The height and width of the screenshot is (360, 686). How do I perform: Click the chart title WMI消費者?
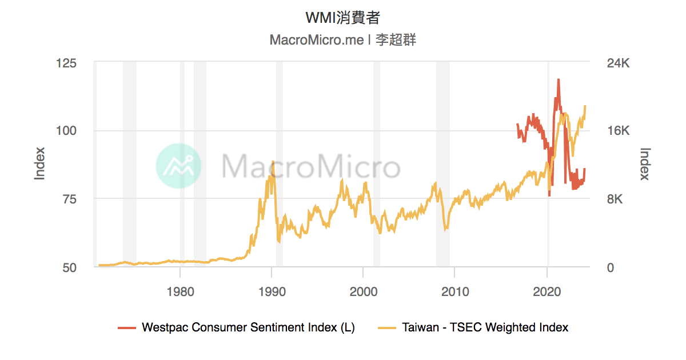[x=342, y=18]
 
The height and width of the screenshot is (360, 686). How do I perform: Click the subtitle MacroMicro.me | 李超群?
[x=342, y=41]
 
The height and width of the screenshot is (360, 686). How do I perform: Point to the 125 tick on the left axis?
[x=67, y=63]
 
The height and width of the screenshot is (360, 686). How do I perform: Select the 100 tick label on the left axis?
[x=67, y=131]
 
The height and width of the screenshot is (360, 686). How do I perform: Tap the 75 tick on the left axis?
[x=70, y=199]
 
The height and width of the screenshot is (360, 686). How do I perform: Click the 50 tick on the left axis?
[x=70, y=267]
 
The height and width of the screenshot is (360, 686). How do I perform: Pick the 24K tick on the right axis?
[x=617, y=63]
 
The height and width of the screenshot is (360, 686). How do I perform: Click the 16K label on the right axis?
[x=617, y=131]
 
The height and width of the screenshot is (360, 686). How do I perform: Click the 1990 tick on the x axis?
[x=272, y=291]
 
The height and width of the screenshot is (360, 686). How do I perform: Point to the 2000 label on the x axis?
[x=363, y=291]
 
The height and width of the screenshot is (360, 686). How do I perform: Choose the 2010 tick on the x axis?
[x=454, y=291]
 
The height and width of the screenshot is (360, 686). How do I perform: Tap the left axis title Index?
[x=39, y=164]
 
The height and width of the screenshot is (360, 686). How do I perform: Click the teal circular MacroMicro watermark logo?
[x=178, y=166]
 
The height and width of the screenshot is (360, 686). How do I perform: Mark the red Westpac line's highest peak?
[x=558, y=80]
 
